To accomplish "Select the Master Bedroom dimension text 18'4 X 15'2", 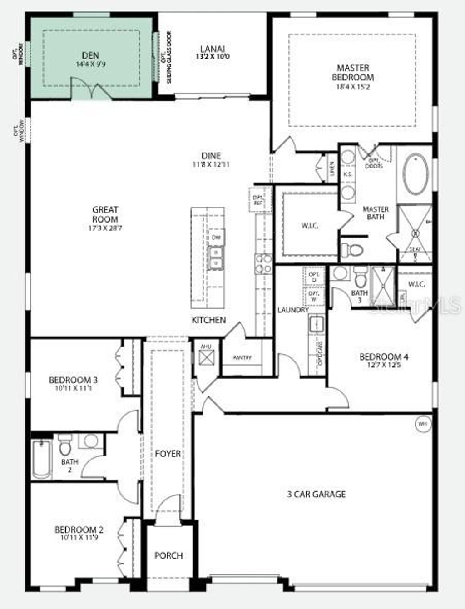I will point(353,86).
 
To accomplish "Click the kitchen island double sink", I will point(215,257).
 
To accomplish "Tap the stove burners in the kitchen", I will point(263,263).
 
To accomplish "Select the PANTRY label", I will point(242,357).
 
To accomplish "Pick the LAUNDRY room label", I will point(293,310).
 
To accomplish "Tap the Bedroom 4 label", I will point(381,357).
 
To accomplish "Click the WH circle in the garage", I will point(422,424).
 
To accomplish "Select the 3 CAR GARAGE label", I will point(316,494).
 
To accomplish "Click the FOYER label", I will point(168,454).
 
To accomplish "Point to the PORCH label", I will point(168,555).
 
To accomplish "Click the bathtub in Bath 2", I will point(41,459).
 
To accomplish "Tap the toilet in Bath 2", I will point(65,446).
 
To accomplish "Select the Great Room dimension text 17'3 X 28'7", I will point(105,228).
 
